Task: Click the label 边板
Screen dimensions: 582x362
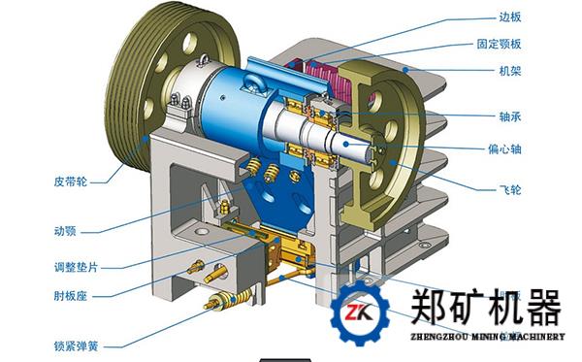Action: (510, 16)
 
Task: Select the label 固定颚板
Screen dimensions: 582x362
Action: (499, 44)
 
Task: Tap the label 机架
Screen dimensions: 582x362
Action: (510, 70)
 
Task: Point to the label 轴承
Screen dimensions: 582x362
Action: (510, 116)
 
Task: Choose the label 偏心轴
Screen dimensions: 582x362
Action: (504, 148)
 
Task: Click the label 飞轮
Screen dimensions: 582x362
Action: (510, 189)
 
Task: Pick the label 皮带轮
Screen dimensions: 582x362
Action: (71, 181)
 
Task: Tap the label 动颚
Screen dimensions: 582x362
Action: (65, 231)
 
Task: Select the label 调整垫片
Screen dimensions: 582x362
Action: (76, 267)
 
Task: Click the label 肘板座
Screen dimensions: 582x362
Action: (71, 296)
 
